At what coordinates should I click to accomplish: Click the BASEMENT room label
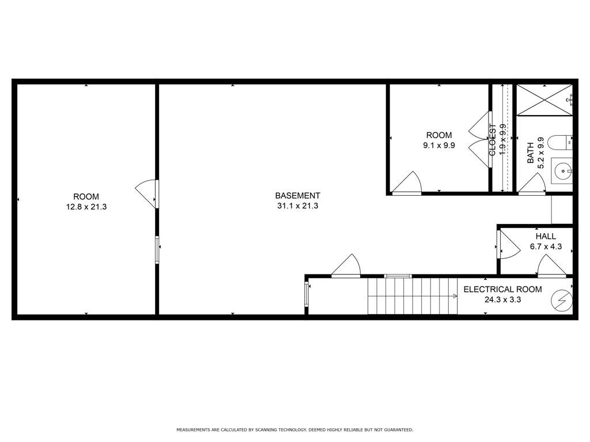point(297,196)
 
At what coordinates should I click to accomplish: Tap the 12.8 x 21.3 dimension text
point(86,207)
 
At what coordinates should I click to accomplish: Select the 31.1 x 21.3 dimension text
point(298,205)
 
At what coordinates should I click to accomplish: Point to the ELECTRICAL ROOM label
point(502,289)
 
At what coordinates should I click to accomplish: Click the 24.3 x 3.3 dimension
point(502,299)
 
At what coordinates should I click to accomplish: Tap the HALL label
point(546,237)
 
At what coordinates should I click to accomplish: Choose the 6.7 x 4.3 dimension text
point(546,246)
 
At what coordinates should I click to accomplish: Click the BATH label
point(530,152)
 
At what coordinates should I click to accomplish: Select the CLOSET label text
point(492,140)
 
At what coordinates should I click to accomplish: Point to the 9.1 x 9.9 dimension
point(438,145)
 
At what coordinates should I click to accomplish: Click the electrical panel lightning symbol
point(562,300)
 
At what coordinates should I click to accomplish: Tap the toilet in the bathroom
point(560,143)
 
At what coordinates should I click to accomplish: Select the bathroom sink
point(562,171)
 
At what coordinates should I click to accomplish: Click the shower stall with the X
point(544,100)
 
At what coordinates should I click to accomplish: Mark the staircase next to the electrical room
point(413,296)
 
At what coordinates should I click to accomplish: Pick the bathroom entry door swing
point(532,183)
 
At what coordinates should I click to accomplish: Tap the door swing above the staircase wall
point(346,265)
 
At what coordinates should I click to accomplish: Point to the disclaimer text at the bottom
point(294,429)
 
